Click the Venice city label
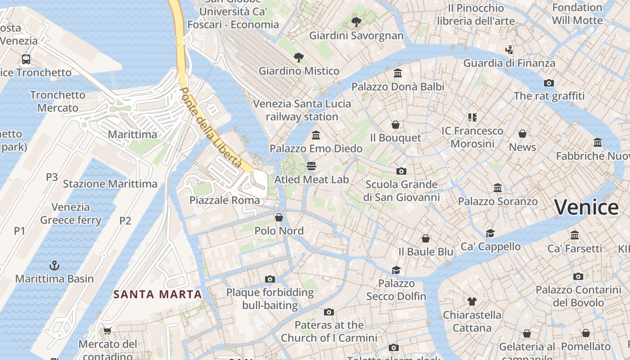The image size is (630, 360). coord(586,207)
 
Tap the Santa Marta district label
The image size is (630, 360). coord(157,295)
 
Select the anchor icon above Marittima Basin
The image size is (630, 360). coord(54,265)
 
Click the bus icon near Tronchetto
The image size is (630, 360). coord(26,59)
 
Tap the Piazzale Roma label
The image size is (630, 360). coord(225,200)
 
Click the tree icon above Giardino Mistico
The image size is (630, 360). coord(298,57)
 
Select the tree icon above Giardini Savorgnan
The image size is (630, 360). coord(356,22)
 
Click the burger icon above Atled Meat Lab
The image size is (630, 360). coord(311,166)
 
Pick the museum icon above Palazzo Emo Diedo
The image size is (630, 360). coord(316,135)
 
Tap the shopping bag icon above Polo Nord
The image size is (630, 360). coord(279,218)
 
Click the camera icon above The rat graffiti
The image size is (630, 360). coord(549,83)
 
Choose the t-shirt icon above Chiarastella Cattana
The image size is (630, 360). coord(472,301)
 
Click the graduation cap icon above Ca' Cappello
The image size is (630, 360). coord(490,233)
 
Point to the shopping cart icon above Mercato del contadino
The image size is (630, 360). coord(107,331)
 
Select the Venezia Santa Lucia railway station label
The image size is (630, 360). coord(302,110)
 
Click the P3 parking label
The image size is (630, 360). coord(52,177)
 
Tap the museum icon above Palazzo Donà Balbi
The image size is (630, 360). coord(398,73)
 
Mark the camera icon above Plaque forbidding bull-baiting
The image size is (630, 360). coord(270,279)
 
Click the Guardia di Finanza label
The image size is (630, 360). coord(509,63)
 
